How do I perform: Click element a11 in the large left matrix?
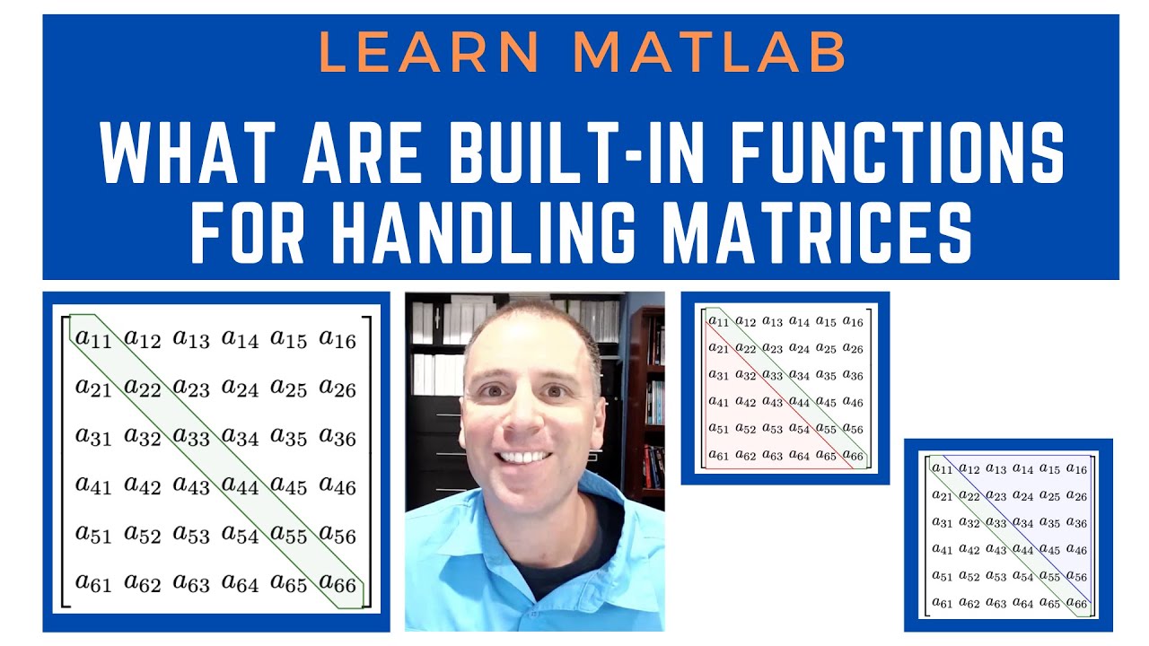click(x=94, y=339)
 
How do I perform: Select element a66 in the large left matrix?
click(x=338, y=585)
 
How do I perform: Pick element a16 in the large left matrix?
click(x=338, y=339)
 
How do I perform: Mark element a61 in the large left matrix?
click(x=94, y=585)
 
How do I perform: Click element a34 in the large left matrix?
click(x=241, y=438)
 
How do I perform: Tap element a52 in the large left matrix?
click(x=143, y=536)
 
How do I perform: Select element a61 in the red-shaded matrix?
click(x=719, y=455)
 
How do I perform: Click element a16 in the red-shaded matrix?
click(x=853, y=322)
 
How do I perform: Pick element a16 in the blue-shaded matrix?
click(x=1076, y=469)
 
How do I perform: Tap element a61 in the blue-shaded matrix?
click(x=943, y=603)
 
